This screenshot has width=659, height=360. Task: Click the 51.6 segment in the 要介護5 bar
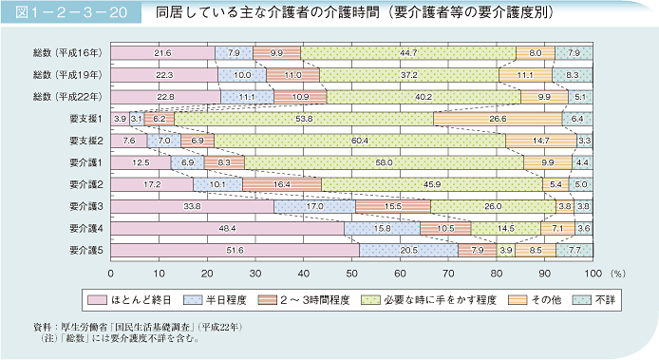pos(235,250)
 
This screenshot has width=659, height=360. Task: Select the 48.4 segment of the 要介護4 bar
pos(227,228)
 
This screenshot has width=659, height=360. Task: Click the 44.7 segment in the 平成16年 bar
pos(408,53)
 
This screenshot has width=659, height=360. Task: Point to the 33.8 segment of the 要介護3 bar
pos(192,206)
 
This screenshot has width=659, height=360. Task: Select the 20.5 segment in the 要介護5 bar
pos(408,250)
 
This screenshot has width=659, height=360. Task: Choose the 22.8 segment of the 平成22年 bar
pos(165,97)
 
